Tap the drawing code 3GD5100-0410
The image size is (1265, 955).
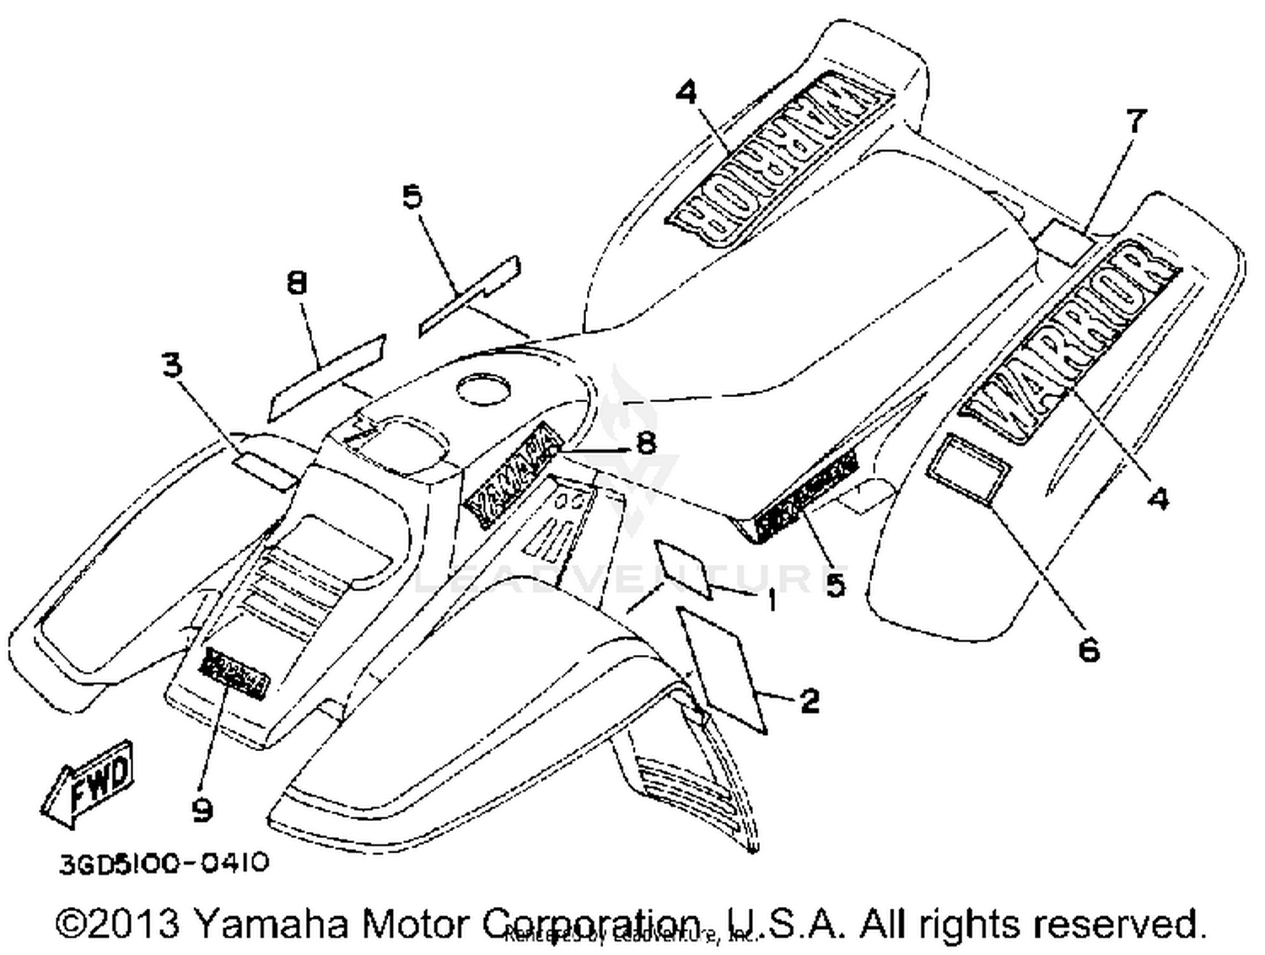click(x=164, y=863)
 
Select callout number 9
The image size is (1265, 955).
click(x=202, y=810)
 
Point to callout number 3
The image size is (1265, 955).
click(x=172, y=366)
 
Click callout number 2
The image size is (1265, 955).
click(x=809, y=700)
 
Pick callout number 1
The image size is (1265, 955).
click(x=771, y=601)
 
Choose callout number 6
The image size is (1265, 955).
click(x=1089, y=649)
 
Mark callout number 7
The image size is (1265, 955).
click(x=1136, y=122)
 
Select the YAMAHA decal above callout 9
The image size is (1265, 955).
click(x=234, y=673)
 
